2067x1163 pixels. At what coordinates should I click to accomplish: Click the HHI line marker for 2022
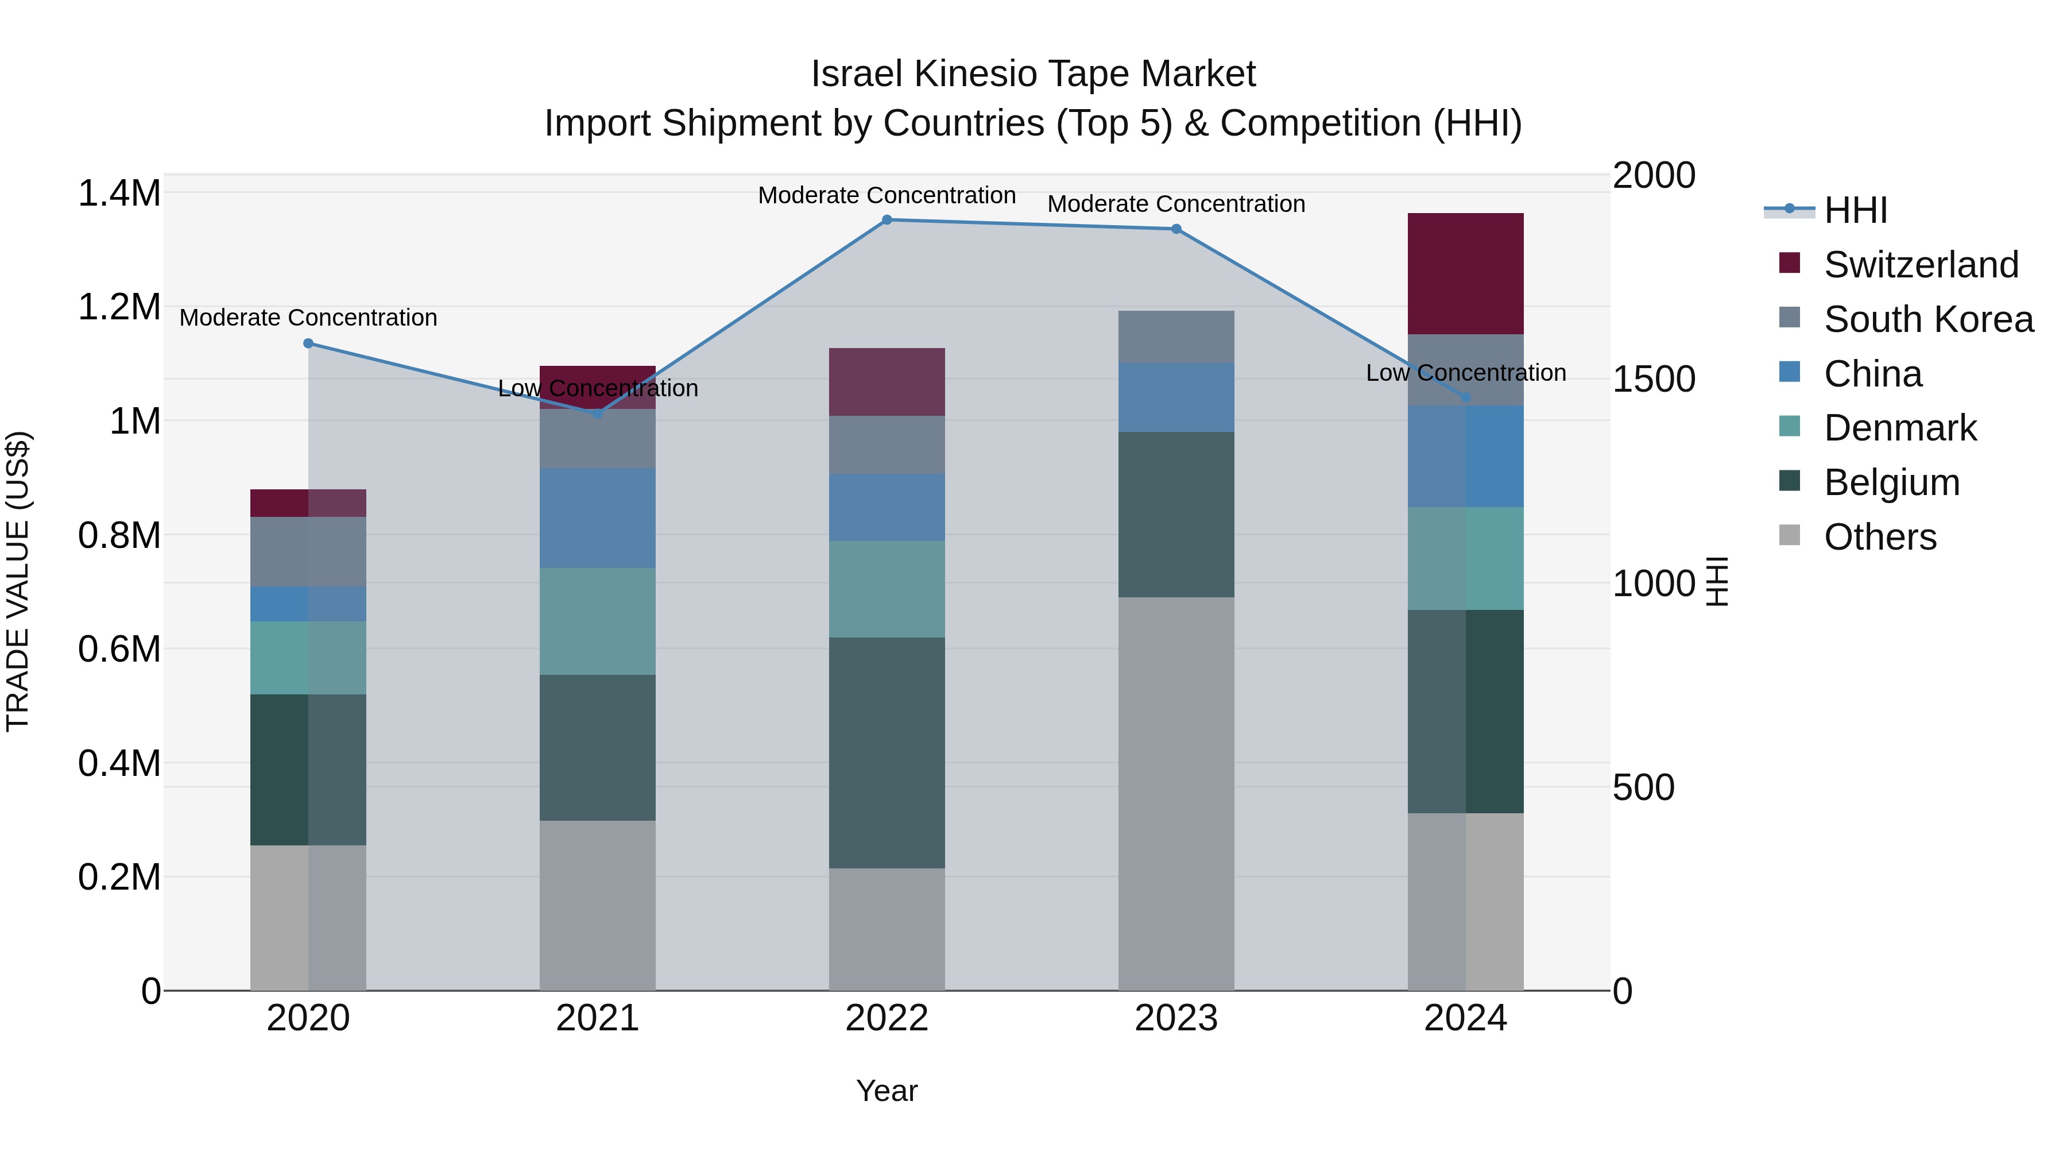[x=887, y=220]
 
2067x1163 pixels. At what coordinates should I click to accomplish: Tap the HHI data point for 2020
[x=308, y=343]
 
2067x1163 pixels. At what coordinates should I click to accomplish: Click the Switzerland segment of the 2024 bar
[x=1465, y=274]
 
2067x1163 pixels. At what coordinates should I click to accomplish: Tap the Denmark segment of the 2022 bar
[x=887, y=589]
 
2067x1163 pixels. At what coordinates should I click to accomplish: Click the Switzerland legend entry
[x=1920, y=265]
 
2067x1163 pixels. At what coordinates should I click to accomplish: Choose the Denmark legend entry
[x=1899, y=428]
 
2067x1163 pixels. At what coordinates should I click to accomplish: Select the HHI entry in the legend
[x=1855, y=210]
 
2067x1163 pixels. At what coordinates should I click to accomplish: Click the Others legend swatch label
[x=1879, y=537]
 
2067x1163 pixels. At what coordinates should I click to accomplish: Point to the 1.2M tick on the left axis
[x=119, y=307]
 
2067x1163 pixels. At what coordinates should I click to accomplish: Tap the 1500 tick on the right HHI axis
[x=1654, y=379]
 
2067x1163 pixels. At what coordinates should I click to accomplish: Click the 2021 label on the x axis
[x=597, y=1018]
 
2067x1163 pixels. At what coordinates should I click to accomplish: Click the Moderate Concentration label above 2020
[x=308, y=318]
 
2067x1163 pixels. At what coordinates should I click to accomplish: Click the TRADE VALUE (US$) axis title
[x=18, y=581]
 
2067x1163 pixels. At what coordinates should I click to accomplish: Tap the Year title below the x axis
[x=887, y=1091]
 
